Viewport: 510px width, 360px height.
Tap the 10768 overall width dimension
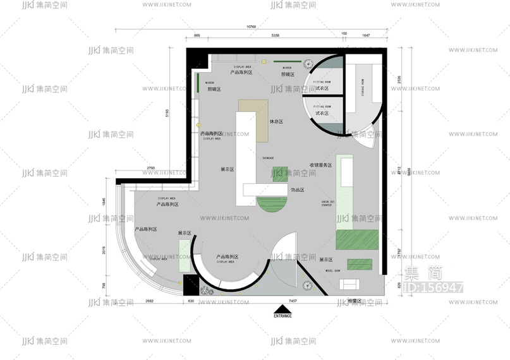click(x=251, y=27)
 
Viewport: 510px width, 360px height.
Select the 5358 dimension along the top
click(x=276, y=36)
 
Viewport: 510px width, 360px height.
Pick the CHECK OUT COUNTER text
click(x=327, y=203)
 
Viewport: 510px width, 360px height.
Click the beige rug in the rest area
click(x=255, y=119)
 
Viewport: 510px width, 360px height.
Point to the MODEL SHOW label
click(x=333, y=270)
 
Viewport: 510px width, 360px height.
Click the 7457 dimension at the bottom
click(x=293, y=301)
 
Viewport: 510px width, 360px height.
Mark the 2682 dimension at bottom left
click(x=150, y=301)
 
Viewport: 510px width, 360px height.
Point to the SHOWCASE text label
click(x=268, y=158)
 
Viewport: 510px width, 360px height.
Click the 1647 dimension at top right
click(x=366, y=36)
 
